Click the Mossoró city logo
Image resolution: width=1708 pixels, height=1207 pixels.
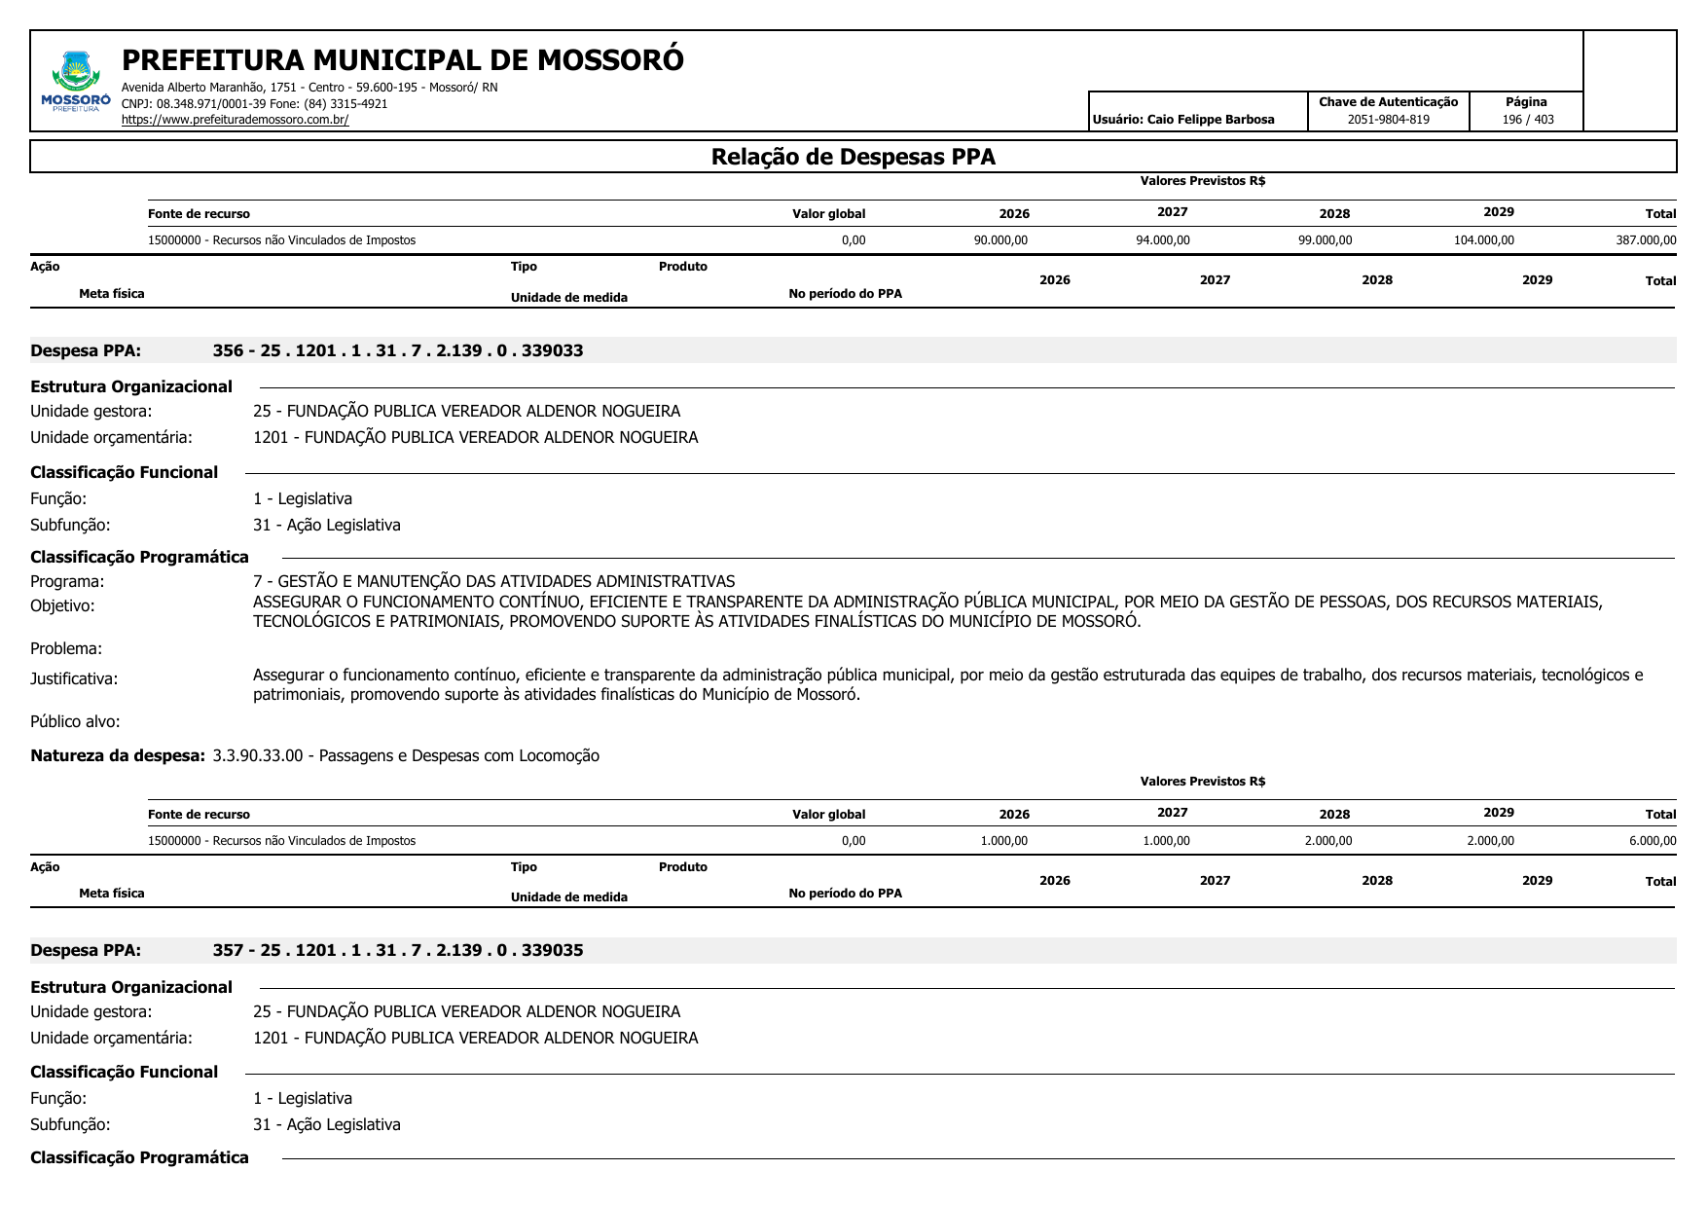point(76,81)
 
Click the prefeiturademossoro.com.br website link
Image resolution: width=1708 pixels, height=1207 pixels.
point(235,120)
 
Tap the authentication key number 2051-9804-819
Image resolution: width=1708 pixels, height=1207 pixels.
point(1388,120)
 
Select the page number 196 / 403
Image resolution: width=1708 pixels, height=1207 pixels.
point(1527,120)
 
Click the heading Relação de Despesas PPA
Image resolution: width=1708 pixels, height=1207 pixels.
point(853,157)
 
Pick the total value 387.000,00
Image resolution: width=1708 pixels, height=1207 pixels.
point(1646,240)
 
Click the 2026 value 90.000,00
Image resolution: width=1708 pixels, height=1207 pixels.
point(1000,240)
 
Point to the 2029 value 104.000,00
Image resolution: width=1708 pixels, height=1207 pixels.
point(1483,240)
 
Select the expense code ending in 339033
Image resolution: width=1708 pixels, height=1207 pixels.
point(398,350)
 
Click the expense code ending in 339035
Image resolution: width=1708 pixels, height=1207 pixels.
point(398,950)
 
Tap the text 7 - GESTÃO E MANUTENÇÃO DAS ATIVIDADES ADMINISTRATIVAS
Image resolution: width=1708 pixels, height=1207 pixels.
point(493,581)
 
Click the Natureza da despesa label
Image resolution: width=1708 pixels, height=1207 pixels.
point(118,755)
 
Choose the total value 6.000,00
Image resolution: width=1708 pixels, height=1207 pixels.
point(1652,841)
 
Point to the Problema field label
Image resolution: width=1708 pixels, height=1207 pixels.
point(66,648)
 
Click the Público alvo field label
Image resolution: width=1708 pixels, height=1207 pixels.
point(75,721)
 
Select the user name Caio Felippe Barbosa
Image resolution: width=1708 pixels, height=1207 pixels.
point(1210,120)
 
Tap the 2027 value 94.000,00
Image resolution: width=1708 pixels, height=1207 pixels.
point(1162,240)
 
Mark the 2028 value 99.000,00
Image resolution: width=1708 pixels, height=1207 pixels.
point(1325,240)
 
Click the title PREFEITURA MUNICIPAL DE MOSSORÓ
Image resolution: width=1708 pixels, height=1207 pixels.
point(402,60)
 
